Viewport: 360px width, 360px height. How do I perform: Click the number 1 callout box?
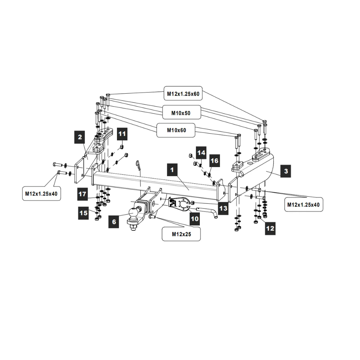[x=173, y=169]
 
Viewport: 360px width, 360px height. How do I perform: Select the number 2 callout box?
[x=80, y=137]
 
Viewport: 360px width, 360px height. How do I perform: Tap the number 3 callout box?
[x=286, y=171]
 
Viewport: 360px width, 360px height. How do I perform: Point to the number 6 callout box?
[x=114, y=222]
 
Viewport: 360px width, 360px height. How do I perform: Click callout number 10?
[x=194, y=219]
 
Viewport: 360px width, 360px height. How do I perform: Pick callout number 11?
[x=122, y=135]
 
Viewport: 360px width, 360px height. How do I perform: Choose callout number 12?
[x=270, y=228]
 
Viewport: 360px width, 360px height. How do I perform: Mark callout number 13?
[x=223, y=209]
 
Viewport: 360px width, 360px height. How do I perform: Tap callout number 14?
[x=201, y=153]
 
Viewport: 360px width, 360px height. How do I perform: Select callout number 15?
[x=84, y=213]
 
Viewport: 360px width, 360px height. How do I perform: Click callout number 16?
[x=214, y=161]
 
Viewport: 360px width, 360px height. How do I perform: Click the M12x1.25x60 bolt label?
[x=183, y=94]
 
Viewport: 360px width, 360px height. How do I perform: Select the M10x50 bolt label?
[x=181, y=113]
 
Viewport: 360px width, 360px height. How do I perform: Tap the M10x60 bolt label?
[x=176, y=130]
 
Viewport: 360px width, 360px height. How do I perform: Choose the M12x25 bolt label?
[x=181, y=235]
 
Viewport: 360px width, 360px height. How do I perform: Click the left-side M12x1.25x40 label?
[x=41, y=193]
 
